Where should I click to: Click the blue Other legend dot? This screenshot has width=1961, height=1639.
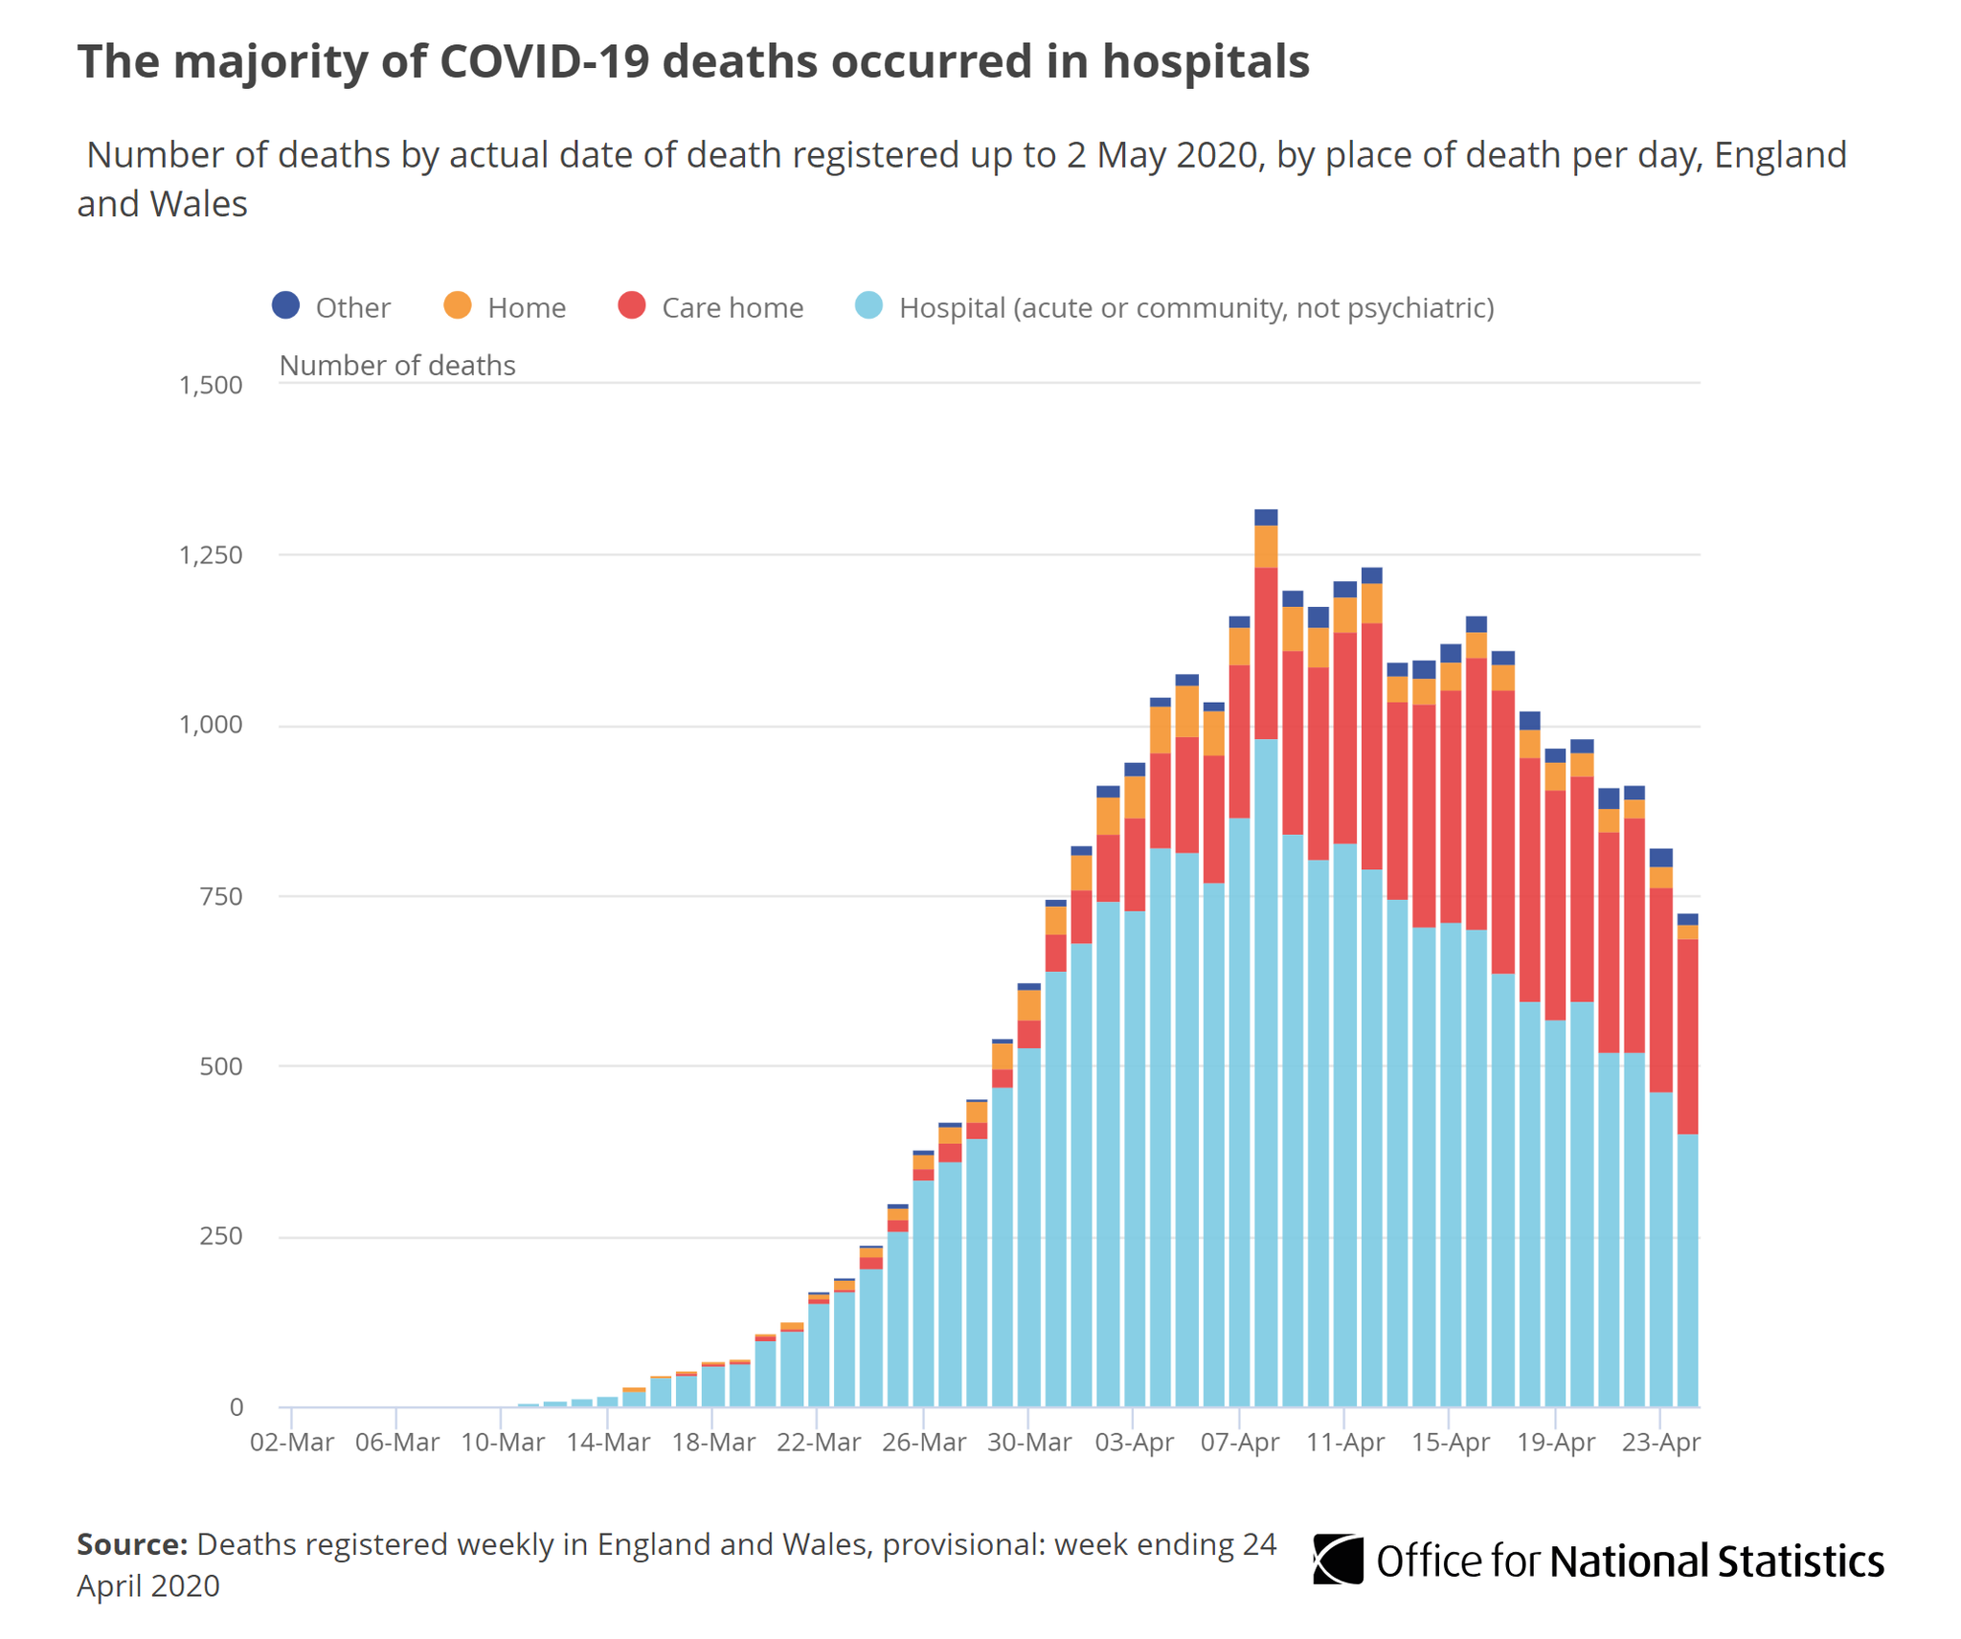[286, 305]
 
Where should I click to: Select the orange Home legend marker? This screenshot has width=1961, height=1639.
[458, 305]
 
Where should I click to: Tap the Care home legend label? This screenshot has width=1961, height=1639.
[732, 307]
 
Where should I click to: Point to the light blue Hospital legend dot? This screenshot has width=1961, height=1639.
[868, 305]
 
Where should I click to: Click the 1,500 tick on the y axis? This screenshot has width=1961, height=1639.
[211, 385]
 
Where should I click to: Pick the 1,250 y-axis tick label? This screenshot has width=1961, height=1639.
[211, 555]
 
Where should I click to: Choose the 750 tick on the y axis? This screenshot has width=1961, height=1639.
[221, 897]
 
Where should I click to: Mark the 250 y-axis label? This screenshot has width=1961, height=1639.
[221, 1236]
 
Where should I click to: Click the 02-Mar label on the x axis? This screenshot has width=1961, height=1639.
[292, 1442]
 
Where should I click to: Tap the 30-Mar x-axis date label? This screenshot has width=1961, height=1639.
[1029, 1442]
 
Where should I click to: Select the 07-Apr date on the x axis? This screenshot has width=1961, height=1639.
[1240, 1442]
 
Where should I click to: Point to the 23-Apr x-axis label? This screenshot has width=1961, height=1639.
[1661, 1442]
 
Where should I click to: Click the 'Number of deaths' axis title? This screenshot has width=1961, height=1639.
[397, 366]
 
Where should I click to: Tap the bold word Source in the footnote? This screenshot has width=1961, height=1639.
[132, 1544]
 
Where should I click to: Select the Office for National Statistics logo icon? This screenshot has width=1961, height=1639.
[1338, 1560]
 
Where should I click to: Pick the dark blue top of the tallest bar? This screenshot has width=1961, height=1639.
[1266, 518]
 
